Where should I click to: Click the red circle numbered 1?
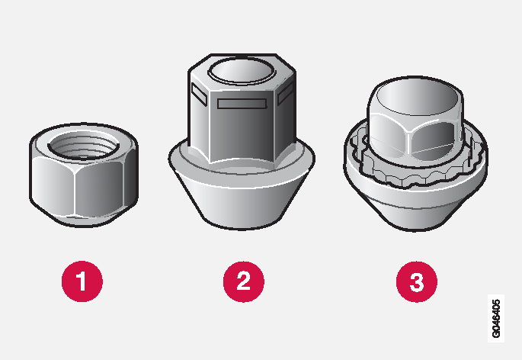82,281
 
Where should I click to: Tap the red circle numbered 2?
244,281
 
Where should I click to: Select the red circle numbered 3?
417,281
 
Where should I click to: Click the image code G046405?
496,319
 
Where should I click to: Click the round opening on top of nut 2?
242,71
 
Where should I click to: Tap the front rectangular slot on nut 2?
242,104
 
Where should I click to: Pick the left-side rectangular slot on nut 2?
199,95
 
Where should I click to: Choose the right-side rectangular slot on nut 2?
285,93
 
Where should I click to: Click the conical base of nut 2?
242,204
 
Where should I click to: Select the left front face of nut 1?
53,186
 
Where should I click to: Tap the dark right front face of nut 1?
100,188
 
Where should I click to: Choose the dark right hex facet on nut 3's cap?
433,138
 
